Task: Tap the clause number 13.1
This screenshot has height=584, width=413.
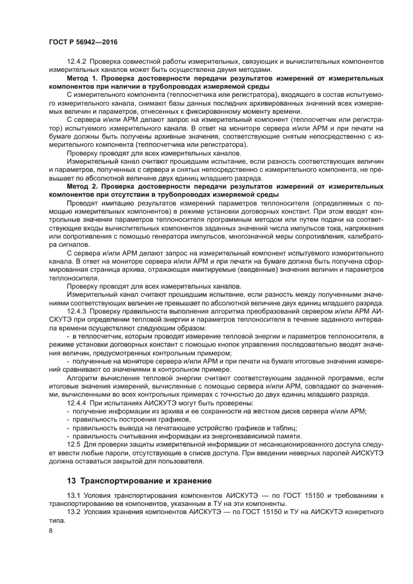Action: coord(74,496)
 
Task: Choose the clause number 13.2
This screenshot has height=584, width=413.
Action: coord(74,511)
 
